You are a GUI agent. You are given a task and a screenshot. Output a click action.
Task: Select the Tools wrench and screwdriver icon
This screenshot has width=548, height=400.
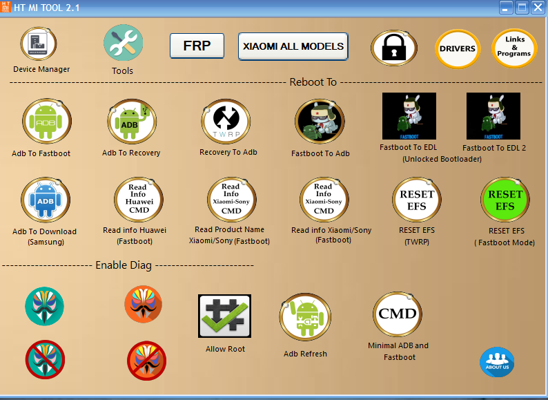pos(123,43)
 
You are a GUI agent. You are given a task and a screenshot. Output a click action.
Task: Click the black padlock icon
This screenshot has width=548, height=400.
pos(393,48)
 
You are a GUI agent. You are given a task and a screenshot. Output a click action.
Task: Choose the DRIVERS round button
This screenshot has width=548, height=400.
pos(458,48)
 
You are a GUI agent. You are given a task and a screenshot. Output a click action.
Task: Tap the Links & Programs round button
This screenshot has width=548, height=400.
pos(513,48)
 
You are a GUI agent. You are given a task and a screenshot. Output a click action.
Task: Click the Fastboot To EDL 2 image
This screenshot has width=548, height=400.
pos(493,116)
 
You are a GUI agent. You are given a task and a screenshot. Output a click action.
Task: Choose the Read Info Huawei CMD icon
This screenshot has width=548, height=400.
pos(138,199)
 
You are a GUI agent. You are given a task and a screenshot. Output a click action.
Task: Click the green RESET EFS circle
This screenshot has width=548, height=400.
pos(505,200)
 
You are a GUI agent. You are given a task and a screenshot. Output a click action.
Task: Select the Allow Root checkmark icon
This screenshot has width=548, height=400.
pos(224,316)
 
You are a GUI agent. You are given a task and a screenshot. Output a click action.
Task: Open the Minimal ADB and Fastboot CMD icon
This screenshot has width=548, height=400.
pos(398,314)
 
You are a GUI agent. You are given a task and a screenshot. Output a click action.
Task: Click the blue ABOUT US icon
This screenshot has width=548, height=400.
pos(497,363)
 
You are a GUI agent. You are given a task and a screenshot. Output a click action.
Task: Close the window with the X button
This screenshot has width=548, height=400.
pos(537,8)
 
